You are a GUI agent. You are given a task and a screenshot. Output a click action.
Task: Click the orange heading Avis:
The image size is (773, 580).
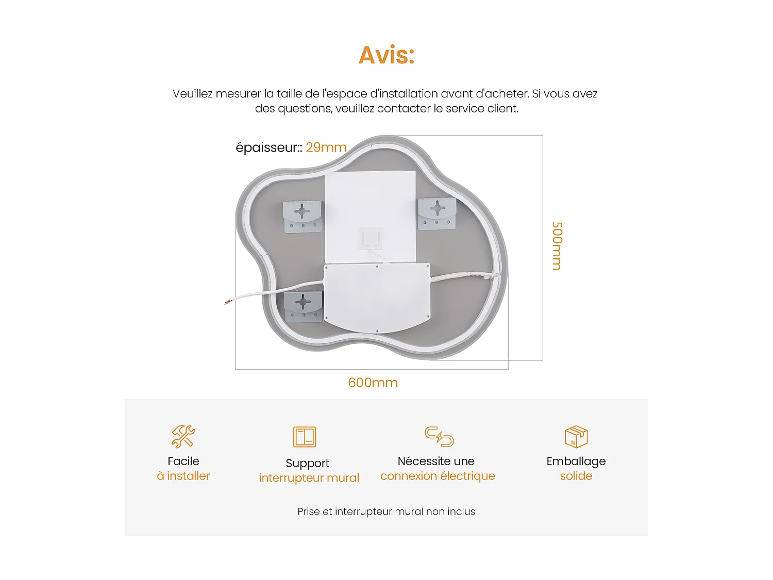pos(386,55)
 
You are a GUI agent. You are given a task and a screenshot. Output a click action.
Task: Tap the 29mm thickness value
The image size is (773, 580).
pos(326,147)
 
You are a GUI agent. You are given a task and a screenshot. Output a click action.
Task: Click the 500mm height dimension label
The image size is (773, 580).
pos(557,246)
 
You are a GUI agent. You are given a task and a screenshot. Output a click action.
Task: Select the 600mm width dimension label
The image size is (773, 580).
pos(373,383)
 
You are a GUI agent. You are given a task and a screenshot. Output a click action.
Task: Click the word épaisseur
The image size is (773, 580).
pos(267,147)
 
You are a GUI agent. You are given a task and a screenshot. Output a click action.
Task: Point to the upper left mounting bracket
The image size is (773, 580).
pos(303,217)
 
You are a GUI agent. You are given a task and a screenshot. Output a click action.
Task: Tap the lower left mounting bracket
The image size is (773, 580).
pos(303,306)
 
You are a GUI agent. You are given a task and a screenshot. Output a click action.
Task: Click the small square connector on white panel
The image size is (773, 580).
pos(371,238)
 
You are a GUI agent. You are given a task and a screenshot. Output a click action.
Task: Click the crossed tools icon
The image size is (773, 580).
pos(183,436)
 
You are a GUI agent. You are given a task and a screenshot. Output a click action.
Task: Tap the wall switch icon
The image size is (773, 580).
pos(305,437)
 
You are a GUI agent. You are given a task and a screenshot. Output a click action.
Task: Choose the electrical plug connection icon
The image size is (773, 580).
pos(439,436)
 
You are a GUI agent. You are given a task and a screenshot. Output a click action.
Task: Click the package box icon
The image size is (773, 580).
pos(576,436)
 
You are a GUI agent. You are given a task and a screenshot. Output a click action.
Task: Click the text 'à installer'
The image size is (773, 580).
pos(183,476)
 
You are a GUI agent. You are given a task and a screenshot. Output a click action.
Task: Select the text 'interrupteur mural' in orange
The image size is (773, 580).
pos(309,478)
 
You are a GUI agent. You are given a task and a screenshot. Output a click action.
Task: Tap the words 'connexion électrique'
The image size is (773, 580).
pos(438,476)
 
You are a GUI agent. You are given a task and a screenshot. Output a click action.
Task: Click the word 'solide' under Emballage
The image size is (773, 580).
pos(576,476)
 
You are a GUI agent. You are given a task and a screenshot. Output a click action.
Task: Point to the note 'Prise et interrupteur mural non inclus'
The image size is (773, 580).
pos(386,511)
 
